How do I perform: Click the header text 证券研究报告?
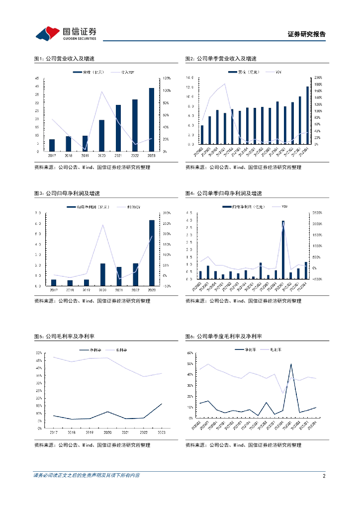(x=307, y=34)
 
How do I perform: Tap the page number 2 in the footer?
(x=324, y=476)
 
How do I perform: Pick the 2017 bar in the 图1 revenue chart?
(x=52, y=145)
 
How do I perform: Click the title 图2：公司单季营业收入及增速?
(x=221, y=59)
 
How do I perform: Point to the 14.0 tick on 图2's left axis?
(x=189, y=78)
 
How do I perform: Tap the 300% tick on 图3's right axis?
(x=167, y=213)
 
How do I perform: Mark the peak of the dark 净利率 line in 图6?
(x=291, y=364)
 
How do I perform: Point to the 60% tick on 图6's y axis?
(x=190, y=353)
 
